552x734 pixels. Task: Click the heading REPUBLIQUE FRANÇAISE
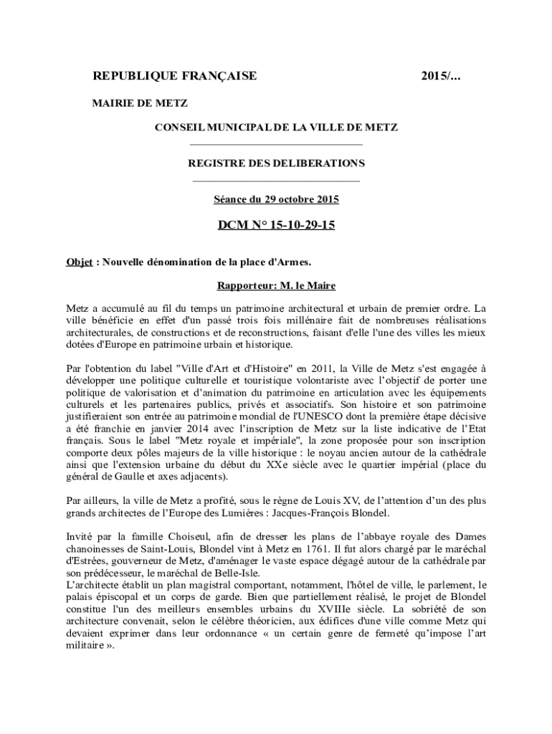click(175, 77)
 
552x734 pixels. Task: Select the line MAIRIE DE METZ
click(140, 103)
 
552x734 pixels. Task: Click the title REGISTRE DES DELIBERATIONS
click(276, 163)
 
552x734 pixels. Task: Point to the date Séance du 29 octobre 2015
click(276, 199)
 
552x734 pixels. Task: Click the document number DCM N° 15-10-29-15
click(276, 227)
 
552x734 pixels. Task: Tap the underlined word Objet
click(79, 262)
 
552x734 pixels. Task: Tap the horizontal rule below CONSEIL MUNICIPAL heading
click(276, 145)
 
